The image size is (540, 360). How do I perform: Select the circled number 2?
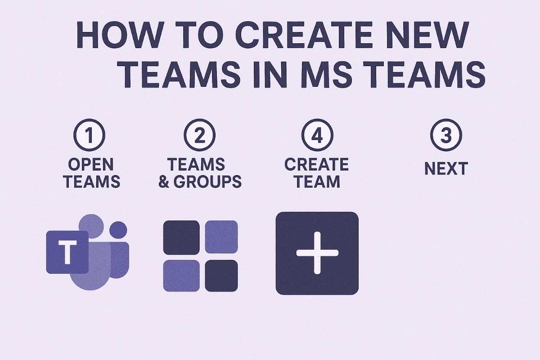click(200, 136)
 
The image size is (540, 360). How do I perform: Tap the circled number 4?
click(317, 136)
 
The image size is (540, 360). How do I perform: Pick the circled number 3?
click(445, 136)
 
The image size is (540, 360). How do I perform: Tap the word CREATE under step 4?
click(317, 165)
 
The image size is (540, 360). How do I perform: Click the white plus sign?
click(317, 253)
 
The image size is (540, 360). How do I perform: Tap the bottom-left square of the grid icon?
click(181, 275)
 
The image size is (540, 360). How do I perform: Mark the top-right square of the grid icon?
click(221, 236)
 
